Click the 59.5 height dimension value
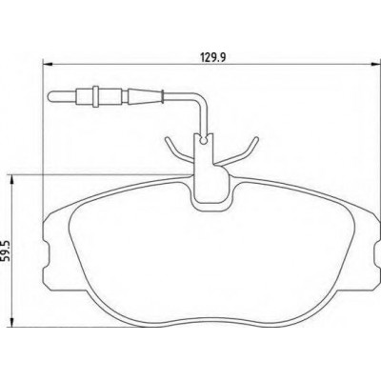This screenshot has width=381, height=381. [7, 251]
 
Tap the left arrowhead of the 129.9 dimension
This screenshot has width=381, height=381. [47, 65]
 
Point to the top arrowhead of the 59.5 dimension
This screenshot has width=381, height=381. [12, 179]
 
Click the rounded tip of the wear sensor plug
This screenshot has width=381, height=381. [50, 96]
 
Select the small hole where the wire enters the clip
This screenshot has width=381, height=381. [204, 139]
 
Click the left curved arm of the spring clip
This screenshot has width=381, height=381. [177, 150]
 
